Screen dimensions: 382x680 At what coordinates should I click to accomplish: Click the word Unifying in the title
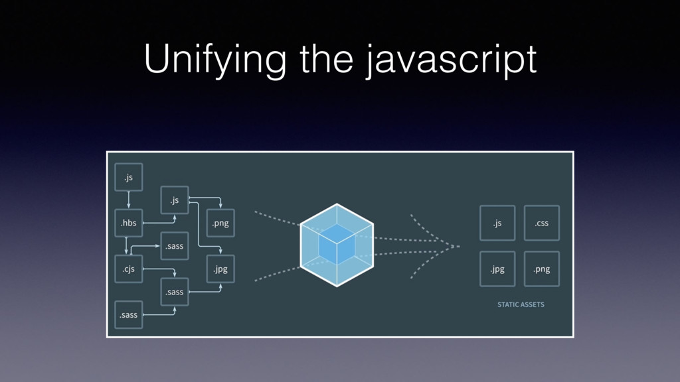point(216,62)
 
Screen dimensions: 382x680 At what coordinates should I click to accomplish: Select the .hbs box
point(129,223)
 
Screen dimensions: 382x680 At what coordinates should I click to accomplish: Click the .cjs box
point(129,269)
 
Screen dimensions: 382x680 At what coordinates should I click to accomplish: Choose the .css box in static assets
point(541,223)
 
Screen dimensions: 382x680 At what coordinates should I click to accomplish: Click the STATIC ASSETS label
point(521,304)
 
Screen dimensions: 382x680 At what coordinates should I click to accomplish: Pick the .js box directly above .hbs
point(129,177)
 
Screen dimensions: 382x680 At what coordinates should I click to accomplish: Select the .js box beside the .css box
point(497,223)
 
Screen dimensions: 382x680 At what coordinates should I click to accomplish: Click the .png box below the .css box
point(541,269)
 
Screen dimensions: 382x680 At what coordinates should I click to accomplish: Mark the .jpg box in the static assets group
point(497,269)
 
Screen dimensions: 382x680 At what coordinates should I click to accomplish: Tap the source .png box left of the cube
point(220,223)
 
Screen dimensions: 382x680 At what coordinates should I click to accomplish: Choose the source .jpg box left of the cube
point(220,269)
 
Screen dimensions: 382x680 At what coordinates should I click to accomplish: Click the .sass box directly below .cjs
point(129,314)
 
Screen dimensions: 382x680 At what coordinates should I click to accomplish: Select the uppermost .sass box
point(175,246)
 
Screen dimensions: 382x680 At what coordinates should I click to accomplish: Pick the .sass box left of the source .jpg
point(175,292)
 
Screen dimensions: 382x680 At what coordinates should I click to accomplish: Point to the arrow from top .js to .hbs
point(129,200)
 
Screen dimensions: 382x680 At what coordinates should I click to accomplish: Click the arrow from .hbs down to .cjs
point(126,245)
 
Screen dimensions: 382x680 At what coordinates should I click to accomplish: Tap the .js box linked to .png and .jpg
point(175,200)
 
